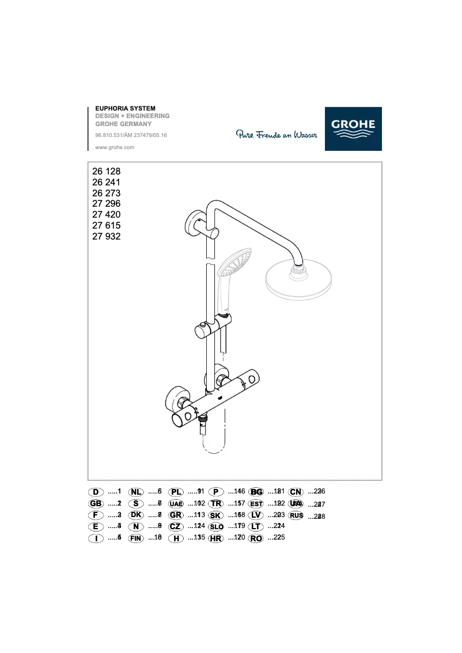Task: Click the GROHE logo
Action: click(353, 129)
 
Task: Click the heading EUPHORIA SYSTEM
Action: click(125, 108)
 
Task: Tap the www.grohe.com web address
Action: click(115, 147)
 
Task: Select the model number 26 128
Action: click(106, 171)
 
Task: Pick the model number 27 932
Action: click(106, 236)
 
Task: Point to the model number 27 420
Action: click(106, 215)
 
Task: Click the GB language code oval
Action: click(96, 503)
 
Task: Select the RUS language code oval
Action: click(296, 515)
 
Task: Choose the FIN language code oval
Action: click(136, 538)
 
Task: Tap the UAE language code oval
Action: click(176, 504)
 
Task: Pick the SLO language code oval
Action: click(216, 527)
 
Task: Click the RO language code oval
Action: click(256, 538)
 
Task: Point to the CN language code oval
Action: click(296, 492)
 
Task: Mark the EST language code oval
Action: click(256, 504)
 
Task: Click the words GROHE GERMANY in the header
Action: click(123, 124)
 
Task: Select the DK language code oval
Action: click(136, 515)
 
